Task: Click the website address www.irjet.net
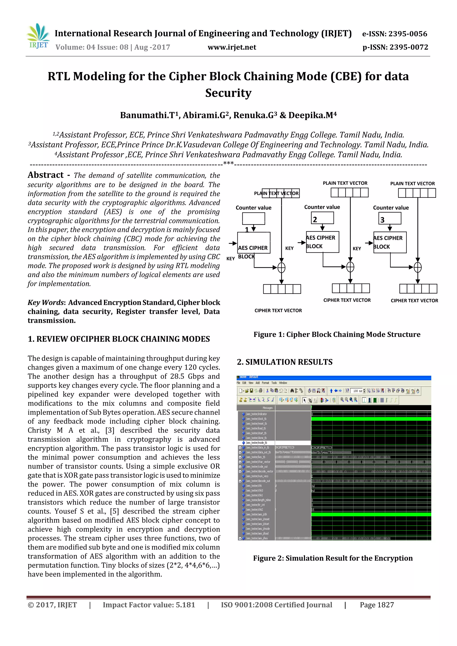(232, 47)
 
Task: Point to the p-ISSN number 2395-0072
(409, 47)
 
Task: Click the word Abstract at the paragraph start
(46, 175)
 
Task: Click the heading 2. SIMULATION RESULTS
(284, 362)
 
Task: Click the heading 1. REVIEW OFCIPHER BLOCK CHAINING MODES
(118, 339)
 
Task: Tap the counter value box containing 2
(322, 218)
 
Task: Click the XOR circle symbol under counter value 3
(418, 267)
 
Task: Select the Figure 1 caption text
(337, 334)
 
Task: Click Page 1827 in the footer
(376, 605)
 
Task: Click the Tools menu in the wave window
(274, 383)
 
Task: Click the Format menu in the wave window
(265, 383)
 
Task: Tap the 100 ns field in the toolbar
(358, 391)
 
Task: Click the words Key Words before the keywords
(46, 302)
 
